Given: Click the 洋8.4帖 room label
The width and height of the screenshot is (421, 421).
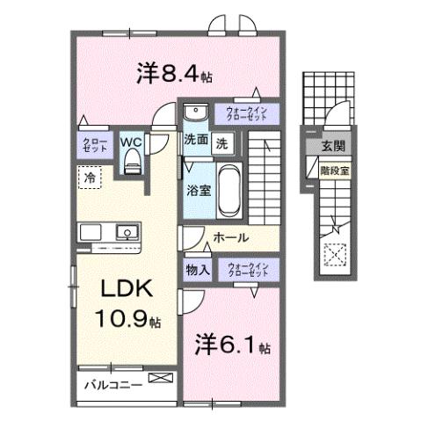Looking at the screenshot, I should (x=174, y=75).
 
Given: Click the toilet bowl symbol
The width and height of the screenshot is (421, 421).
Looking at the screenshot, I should (x=132, y=160).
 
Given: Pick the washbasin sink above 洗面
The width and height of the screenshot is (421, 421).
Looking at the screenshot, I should (x=194, y=112).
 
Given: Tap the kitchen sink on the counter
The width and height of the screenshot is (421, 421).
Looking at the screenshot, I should (x=128, y=233).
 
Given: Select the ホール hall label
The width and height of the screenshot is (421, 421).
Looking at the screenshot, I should (x=230, y=237).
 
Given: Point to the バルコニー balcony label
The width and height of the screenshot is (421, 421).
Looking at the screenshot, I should (x=113, y=385).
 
